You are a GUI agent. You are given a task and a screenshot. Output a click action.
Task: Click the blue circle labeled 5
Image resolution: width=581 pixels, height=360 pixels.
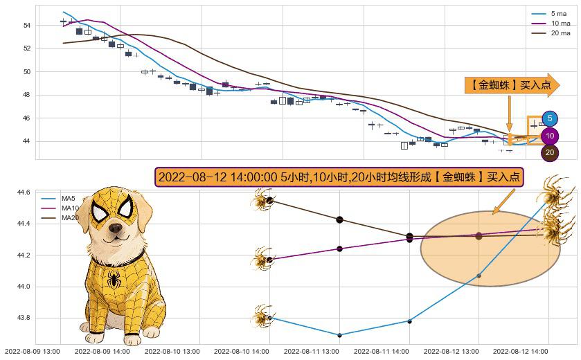click(x=551, y=119)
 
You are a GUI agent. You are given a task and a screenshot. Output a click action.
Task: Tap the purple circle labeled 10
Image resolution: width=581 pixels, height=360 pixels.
click(x=551, y=136)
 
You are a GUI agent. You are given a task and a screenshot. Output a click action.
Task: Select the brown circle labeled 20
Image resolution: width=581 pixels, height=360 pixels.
click(x=550, y=153)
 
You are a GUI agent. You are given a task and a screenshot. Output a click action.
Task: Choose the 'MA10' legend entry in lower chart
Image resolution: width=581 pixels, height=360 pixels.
click(x=60, y=208)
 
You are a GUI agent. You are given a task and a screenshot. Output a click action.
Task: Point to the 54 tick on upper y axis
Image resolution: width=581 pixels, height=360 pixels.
click(x=27, y=25)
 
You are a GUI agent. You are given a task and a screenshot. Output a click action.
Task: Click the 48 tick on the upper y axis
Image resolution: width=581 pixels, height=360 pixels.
click(x=27, y=95)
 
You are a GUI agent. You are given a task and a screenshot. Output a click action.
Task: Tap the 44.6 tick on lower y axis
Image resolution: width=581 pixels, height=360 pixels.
click(x=23, y=192)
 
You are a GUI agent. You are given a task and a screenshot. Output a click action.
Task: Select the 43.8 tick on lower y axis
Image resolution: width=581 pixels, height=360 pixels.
click(x=23, y=318)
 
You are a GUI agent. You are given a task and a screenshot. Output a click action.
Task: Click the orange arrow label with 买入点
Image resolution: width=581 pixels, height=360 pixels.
click(x=511, y=84)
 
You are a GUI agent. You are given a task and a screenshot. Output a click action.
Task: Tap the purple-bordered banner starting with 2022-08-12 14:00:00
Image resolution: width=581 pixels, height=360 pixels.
click(x=339, y=177)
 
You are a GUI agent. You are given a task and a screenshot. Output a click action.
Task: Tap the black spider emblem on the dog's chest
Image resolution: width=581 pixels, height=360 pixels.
click(x=112, y=280)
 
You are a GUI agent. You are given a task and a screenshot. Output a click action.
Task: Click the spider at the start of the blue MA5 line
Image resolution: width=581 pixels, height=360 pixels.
click(x=262, y=316)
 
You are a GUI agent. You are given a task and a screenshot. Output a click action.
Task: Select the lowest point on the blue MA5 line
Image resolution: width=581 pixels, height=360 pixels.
click(x=339, y=335)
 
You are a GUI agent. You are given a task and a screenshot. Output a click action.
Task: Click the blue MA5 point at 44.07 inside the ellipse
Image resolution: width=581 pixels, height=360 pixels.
click(x=479, y=276)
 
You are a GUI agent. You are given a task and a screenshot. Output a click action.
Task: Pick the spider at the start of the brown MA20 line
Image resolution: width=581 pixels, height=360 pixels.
click(x=263, y=201)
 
